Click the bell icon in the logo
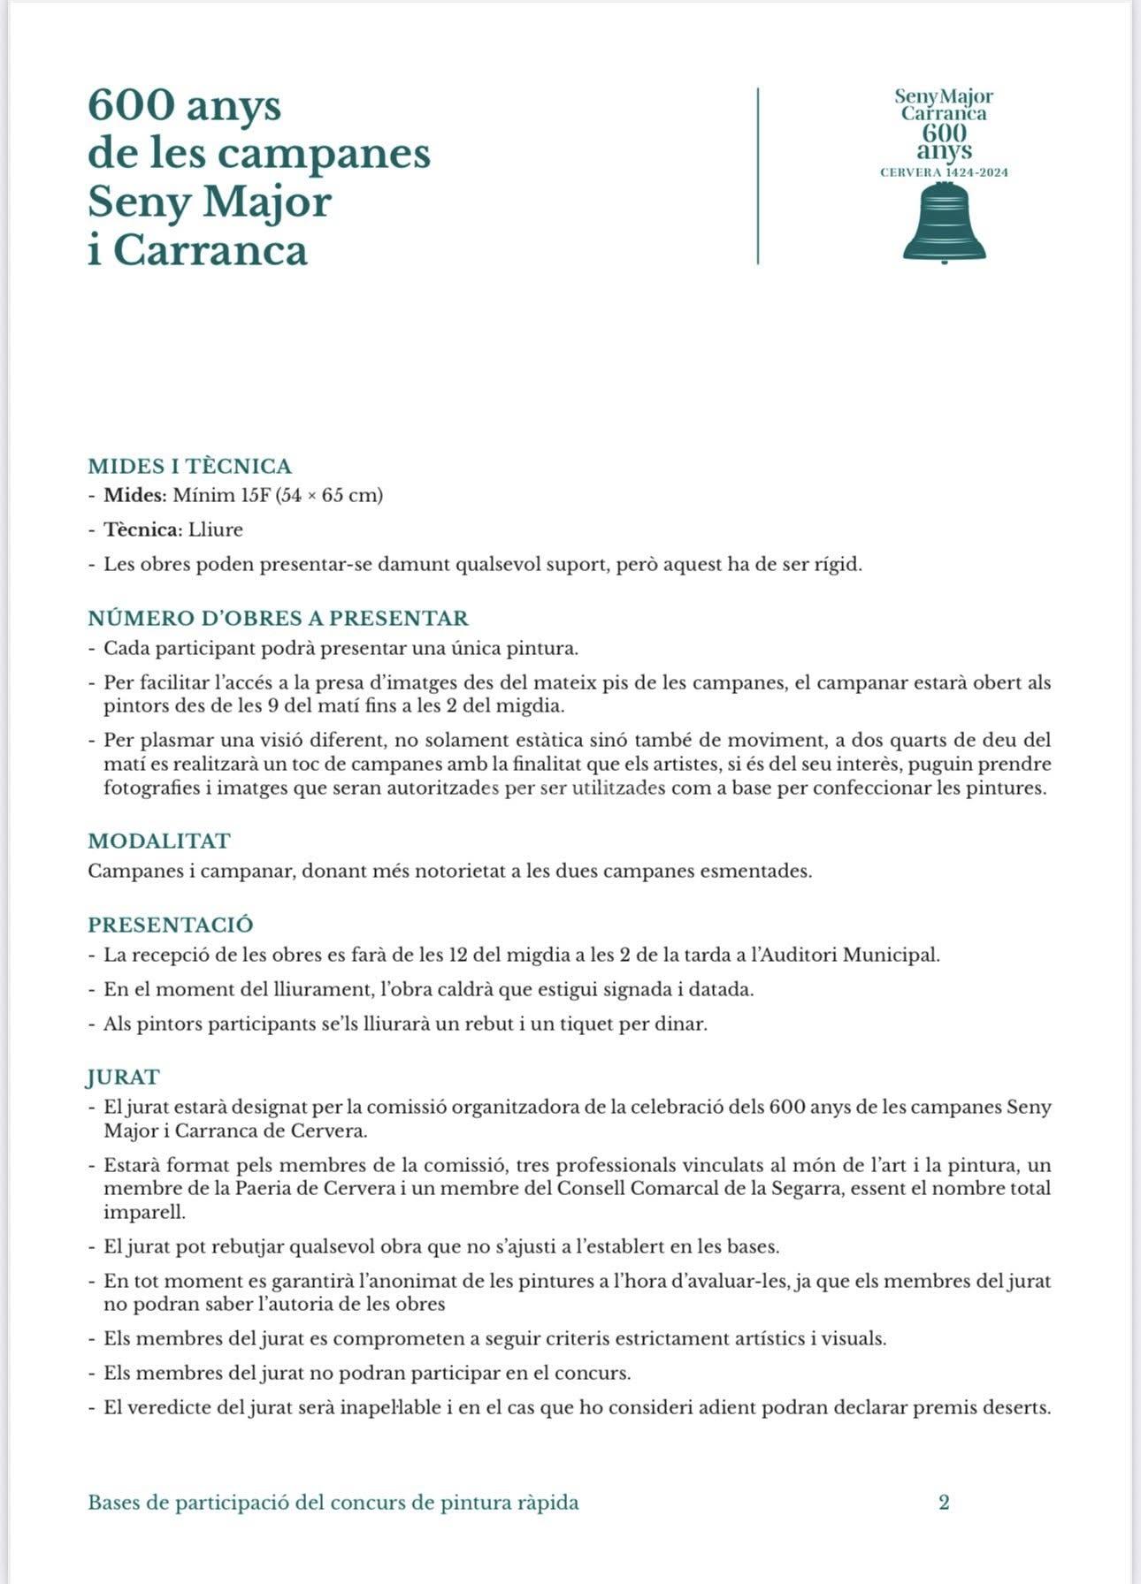pyautogui.click(x=944, y=226)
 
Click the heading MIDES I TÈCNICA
pyautogui.click(x=189, y=466)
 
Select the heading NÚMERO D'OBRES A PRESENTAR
pyautogui.click(x=278, y=618)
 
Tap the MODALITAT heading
pyautogui.click(x=158, y=841)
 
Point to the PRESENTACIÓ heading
pyautogui.click(x=170, y=925)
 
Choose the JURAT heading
pyautogui.click(x=123, y=1077)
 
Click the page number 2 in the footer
pyautogui.click(x=944, y=1502)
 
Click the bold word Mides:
pyautogui.click(x=135, y=495)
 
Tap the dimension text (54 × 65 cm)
pyautogui.click(x=330, y=495)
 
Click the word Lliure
pyautogui.click(x=215, y=529)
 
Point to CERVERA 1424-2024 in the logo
pyautogui.click(x=944, y=172)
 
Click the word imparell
pyautogui.click(x=144, y=1212)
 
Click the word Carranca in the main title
pyautogui.click(x=210, y=250)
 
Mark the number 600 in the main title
pyautogui.click(x=131, y=106)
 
